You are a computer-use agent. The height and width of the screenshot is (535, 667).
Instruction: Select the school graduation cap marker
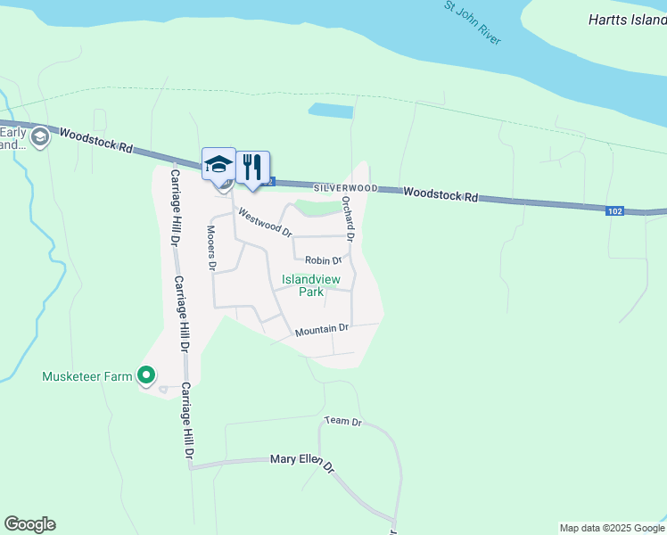point(218,164)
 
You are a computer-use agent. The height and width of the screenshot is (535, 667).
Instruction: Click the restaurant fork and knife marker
point(253,166)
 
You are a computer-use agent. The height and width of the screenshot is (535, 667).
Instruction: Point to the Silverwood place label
point(345,189)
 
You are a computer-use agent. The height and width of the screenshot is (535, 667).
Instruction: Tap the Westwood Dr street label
point(264,222)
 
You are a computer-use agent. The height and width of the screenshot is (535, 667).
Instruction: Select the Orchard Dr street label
point(349,220)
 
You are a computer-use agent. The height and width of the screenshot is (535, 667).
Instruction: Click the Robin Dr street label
point(324,261)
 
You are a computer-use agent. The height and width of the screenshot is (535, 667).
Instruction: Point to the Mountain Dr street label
point(321,330)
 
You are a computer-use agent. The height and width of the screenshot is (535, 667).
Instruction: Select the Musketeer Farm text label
point(87,376)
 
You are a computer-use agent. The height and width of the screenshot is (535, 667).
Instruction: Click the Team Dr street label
point(343,421)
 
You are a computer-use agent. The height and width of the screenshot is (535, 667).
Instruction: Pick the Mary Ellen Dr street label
point(302,462)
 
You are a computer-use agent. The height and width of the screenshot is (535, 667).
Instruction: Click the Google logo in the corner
point(29,524)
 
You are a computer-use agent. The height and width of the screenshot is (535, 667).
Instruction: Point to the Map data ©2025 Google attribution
point(611,528)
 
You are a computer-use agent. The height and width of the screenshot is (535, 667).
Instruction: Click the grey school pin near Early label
point(39,137)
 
